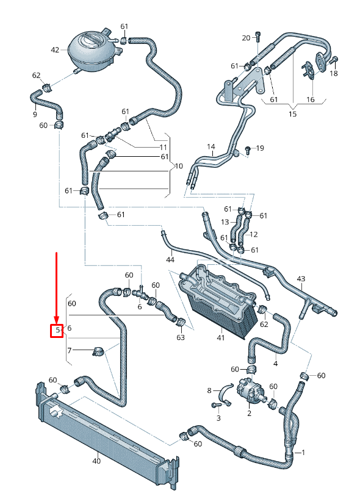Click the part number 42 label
pos(55,50)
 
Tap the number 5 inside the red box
pos(57,330)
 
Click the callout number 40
pos(96,461)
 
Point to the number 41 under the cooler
pos(221,337)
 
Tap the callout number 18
pos(333,74)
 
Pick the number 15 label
pos(292,113)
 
